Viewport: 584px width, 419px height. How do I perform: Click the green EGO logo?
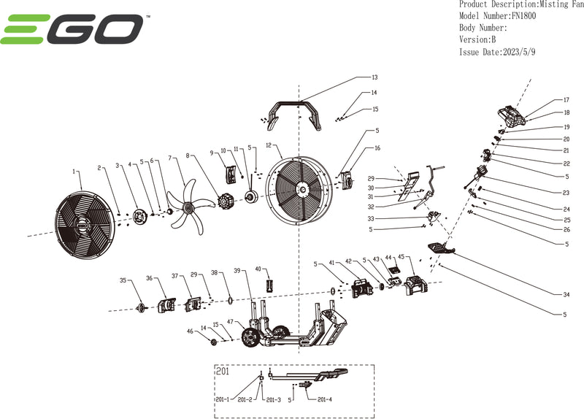72,30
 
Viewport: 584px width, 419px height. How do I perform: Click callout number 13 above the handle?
374,77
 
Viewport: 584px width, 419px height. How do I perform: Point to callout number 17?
566,100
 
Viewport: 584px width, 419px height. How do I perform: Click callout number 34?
566,295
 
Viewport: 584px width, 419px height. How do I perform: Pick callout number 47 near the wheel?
231,322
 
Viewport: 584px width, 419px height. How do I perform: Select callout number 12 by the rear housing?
269,145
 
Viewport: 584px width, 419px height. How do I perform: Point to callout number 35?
123,280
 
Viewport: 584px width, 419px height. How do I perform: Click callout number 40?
258,269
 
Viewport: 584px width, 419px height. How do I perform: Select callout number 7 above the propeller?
169,158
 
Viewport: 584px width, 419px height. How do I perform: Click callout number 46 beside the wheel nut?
191,331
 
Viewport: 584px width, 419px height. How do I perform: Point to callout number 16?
377,148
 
